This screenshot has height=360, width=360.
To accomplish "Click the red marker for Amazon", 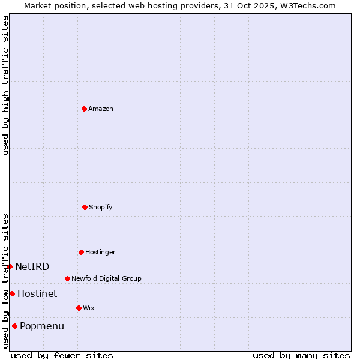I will (84, 109).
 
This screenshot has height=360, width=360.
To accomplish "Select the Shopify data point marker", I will (85, 207).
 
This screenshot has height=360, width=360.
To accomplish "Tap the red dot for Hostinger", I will (81, 252).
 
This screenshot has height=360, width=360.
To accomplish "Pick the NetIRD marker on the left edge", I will (10, 266).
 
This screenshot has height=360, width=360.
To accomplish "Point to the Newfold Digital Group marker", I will (67, 278).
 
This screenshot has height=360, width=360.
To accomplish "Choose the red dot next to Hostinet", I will (12, 293).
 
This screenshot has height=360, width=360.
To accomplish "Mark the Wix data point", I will (79, 308).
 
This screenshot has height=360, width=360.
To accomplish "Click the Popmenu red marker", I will (14, 326).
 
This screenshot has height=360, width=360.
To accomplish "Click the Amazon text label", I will (101, 109).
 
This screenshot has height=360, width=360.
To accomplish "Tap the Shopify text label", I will (101, 207).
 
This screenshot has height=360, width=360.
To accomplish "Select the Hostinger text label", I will (100, 252).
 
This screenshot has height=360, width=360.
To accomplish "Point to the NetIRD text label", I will (32, 266).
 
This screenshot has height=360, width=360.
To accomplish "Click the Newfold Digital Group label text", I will (106, 278).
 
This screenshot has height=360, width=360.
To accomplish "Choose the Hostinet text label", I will (37, 293).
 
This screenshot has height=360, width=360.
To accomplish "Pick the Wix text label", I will (89, 308).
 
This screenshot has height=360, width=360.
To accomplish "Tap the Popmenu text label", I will (42, 326).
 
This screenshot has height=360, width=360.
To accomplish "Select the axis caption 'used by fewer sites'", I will (62, 355).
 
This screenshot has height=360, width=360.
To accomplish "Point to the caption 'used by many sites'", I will (301, 355).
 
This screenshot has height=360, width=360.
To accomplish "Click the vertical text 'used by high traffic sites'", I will (5, 85).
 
